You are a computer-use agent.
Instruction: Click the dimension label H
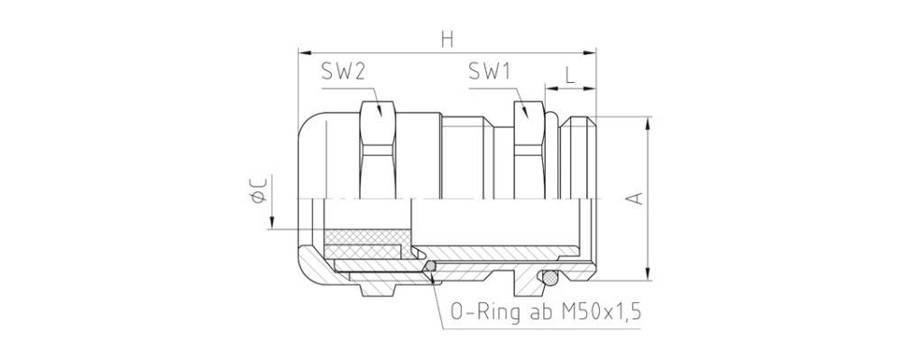click(x=447, y=39)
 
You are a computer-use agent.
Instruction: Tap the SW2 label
click(x=344, y=71)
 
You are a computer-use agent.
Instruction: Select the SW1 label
click(x=490, y=71)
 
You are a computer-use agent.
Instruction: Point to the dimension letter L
click(x=569, y=75)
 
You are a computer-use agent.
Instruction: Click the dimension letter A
click(x=634, y=198)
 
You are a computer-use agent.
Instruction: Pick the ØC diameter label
click(x=259, y=189)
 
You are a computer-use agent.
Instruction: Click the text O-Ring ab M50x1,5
click(x=546, y=312)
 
